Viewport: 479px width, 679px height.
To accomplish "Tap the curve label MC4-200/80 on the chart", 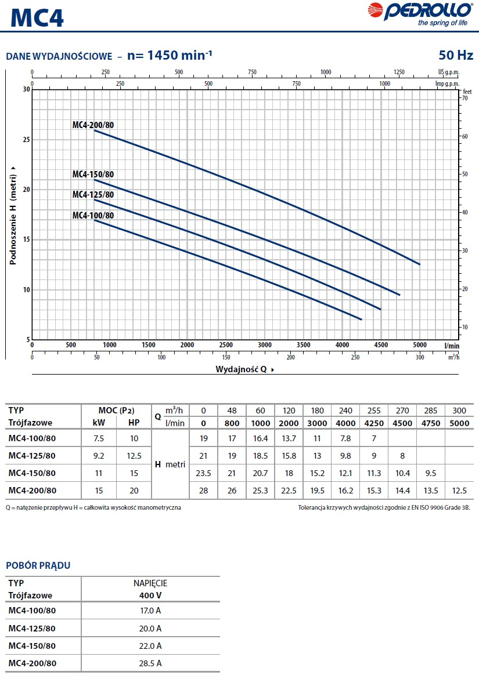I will (93, 125).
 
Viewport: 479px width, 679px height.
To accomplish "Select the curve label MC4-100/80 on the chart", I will (93, 215).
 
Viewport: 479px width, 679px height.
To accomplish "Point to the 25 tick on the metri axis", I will (26, 140).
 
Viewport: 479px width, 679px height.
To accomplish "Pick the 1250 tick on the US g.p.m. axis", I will (399, 72).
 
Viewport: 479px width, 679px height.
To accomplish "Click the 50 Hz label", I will (456, 56).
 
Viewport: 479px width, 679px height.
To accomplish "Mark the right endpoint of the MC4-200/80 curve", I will (419, 264).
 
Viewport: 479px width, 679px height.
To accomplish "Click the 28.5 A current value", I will (150, 663).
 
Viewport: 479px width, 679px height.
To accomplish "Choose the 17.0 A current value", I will (150, 611).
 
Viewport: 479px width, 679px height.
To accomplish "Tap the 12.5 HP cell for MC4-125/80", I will (134, 456).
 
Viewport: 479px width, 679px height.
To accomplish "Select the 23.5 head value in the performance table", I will (203, 473).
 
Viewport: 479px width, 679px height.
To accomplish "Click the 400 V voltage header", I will (150, 595).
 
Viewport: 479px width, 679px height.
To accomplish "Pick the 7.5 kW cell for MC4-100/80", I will (99, 438).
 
